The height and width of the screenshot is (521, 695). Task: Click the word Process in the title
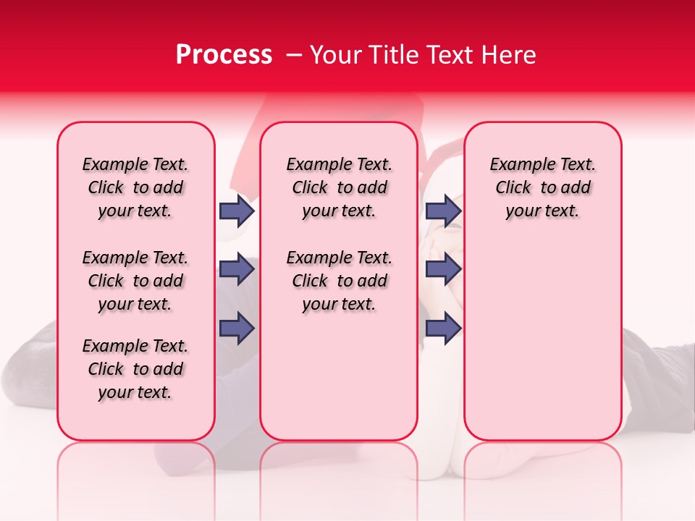pos(224,55)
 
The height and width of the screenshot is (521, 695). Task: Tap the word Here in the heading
pos(507,55)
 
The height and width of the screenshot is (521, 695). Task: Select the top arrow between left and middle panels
pos(237,211)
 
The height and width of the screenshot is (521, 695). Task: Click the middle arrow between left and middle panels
pos(237,270)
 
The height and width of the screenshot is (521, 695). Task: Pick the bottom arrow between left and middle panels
pos(237,329)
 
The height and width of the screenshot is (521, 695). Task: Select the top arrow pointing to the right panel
pos(443,211)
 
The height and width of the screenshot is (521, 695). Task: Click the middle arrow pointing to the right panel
pos(443,270)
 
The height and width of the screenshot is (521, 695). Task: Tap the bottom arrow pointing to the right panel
pos(443,329)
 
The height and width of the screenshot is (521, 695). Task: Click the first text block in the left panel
pos(135,187)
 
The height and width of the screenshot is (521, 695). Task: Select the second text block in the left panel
pos(135,281)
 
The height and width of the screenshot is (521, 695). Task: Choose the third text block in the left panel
pos(135,369)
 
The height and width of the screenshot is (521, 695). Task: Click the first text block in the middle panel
pos(339,187)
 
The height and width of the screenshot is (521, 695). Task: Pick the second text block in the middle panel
pos(339,281)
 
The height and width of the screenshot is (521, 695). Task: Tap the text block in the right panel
pos(542,187)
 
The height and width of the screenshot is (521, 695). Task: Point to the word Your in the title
pos(333,55)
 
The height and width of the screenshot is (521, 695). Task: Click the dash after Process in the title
pos(294,55)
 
